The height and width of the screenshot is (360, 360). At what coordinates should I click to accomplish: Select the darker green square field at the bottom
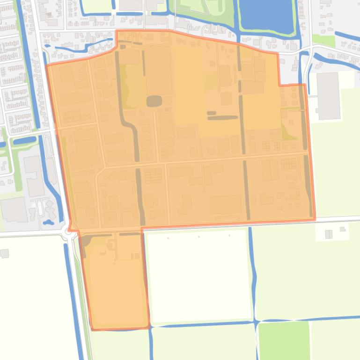click(x=284, y=340)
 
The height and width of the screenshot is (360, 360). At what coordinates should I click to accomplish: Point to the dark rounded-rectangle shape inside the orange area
click(x=154, y=101)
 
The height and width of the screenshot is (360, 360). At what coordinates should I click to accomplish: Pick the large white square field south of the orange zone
click(x=198, y=276)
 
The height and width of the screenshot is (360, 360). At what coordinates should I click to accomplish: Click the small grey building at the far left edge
click(x=4, y=253)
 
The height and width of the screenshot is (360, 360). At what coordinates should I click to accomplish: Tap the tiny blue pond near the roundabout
click(x=47, y=222)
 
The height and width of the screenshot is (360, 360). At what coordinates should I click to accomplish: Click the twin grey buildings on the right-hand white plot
click(x=329, y=234)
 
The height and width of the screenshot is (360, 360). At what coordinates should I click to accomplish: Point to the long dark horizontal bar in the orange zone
click(x=223, y=118)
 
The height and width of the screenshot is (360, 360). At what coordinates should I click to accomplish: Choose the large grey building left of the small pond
click(x=14, y=210)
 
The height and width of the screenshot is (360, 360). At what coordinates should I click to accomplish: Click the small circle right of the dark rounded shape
click(x=167, y=100)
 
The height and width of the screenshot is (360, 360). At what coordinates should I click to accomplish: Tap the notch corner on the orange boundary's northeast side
click(x=279, y=86)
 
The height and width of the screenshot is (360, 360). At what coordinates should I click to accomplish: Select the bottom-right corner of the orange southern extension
click(x=149, y=326)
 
